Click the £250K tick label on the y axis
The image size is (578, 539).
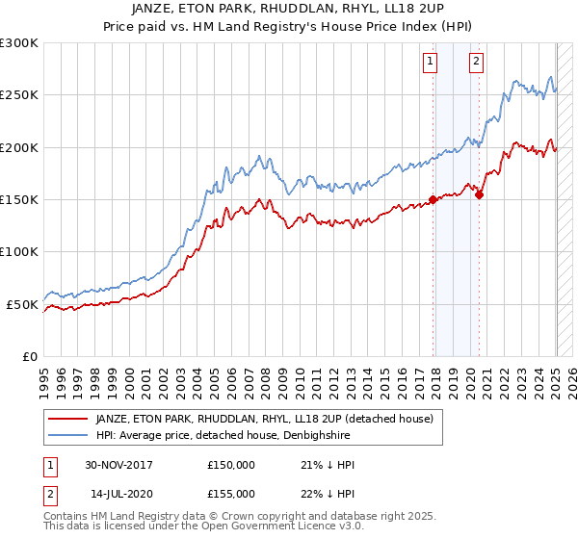tap(19, 95)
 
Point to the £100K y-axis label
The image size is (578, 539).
tap(19, 251)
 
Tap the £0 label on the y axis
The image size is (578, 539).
tap(30, 356)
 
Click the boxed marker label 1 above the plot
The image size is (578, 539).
tap(430, 64)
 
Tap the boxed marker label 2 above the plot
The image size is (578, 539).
tap(476, 64)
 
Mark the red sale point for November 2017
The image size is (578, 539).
tap(433, 200)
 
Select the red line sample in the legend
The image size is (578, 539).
tap(67, 419)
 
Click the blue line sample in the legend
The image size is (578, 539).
tap(67, 435)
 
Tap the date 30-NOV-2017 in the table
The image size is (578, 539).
tap(118, 465)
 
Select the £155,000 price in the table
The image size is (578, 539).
tap(230, 493)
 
